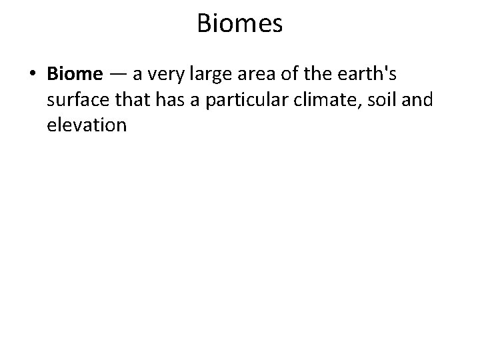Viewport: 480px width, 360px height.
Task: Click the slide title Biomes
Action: coord(240,25)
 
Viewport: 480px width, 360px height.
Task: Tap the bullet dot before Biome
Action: coord(33,73)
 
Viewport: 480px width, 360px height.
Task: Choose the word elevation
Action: coord(87,125)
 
